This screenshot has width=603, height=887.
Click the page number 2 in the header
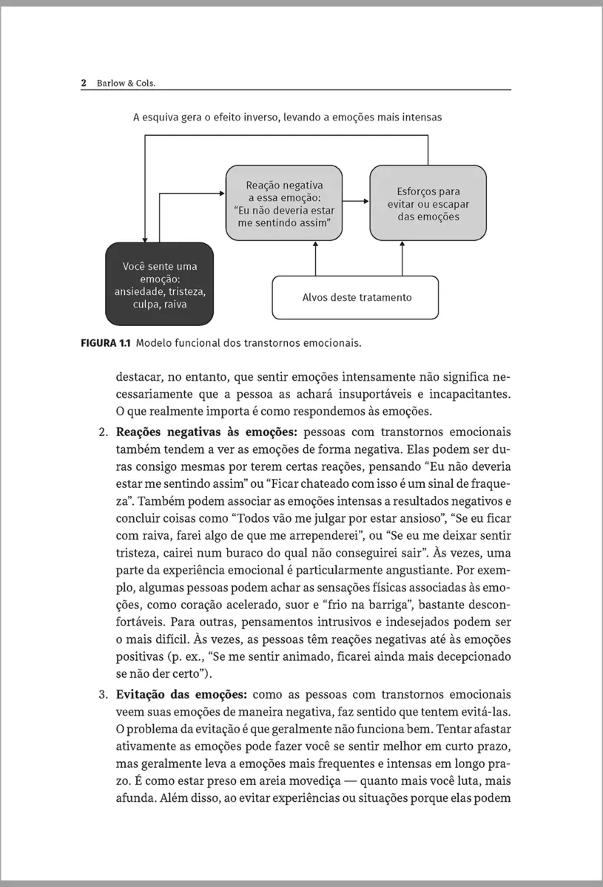point(84,83)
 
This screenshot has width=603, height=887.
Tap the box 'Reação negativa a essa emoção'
point(285,203)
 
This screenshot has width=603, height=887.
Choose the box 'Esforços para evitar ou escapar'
point(428,203)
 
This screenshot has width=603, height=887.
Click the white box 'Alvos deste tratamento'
point(357,297)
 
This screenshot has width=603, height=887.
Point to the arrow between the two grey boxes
point(357,201)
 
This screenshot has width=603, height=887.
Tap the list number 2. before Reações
point(104,432)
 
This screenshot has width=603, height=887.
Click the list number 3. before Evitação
point(104,695)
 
